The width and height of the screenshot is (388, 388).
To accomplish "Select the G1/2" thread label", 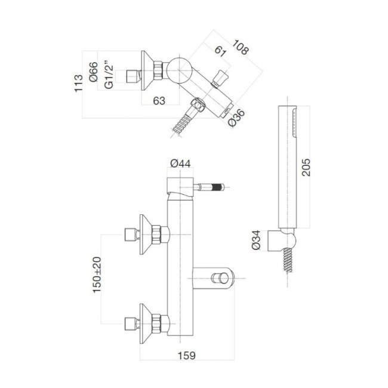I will pos(109,76).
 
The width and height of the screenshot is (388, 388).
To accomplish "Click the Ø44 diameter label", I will pos(180,163).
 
